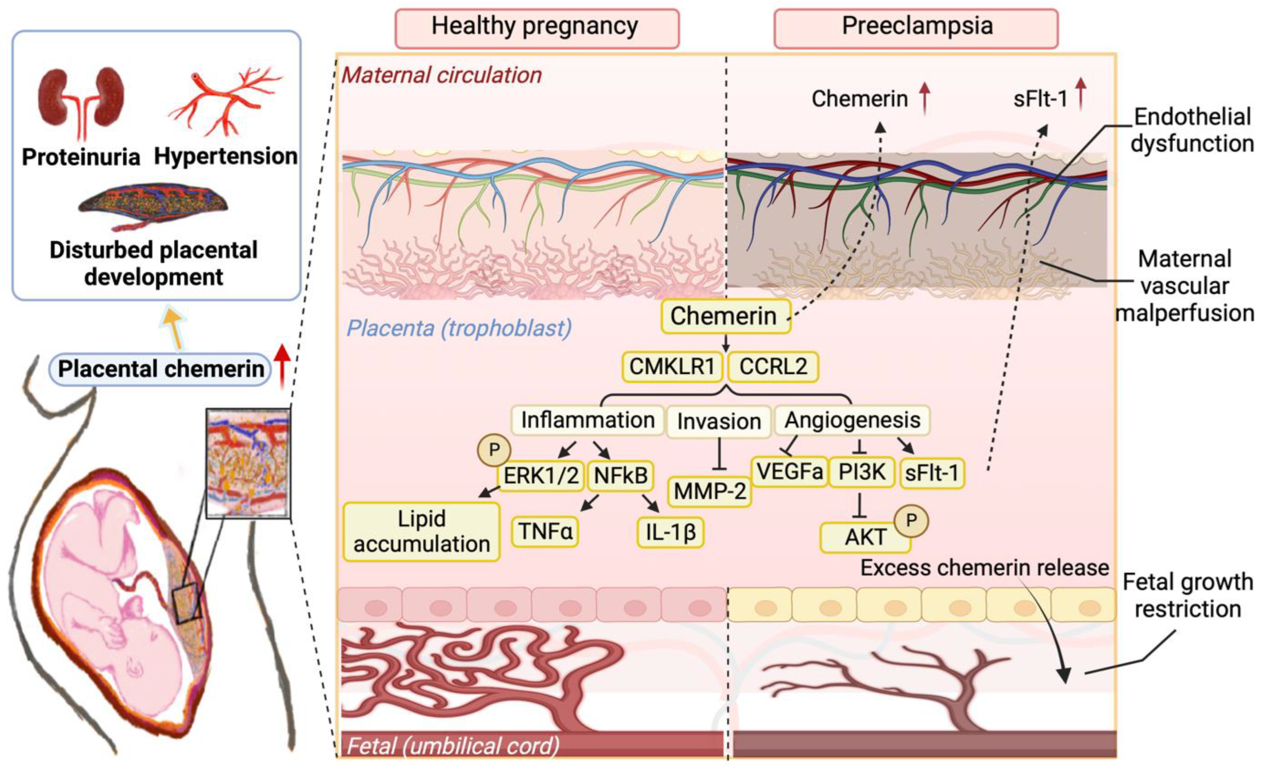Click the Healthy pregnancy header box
(x=536, y=28)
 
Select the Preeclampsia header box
(x=916, y=28)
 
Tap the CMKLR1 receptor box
(x=672, y=367)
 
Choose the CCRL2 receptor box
(x=773, y=367)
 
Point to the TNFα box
(x=545, y=531)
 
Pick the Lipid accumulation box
(x=421, y=531)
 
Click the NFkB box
(x=620, y=476)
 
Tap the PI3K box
(x=862, y=472)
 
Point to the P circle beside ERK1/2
(x=494, y=450)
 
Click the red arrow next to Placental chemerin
(x=282, y=366)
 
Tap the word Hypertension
(x=225, y=156)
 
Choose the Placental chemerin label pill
(x=160, y=369)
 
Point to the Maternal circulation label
(x=442, y=75)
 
